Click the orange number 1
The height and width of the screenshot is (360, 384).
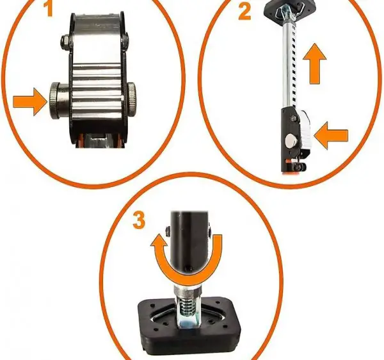(49, 8)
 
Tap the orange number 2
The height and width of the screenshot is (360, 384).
(244, 12)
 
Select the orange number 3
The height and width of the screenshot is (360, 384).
(139, 220)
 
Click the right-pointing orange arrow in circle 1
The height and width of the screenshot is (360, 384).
(29, 102)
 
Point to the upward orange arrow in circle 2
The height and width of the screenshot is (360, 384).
(314, 63)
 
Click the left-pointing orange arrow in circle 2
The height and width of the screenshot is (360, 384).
(330, 135)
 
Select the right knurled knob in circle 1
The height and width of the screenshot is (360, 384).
(131, 100)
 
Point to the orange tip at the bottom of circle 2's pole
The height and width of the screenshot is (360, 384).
(290, 173)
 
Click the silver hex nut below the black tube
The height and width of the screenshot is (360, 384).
(188, 291)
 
